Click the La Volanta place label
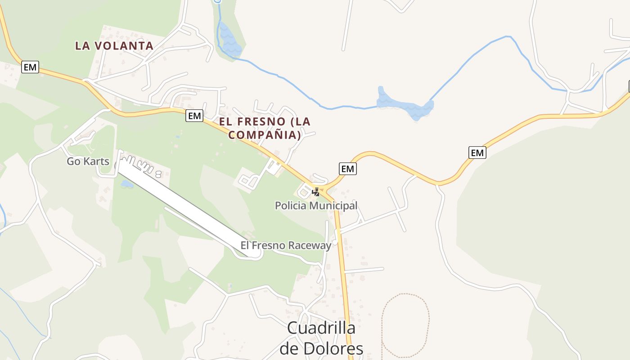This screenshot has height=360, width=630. [114, 45]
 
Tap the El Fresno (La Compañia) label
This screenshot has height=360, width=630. [265, 128]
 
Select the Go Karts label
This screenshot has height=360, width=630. [88, 161]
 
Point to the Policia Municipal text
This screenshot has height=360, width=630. [316, 206]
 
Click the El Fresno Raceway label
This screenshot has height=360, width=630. [286, 245]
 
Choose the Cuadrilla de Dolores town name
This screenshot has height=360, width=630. [321, 337]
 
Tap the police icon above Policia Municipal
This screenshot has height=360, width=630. [316, 192]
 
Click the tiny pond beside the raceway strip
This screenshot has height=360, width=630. [126, 184]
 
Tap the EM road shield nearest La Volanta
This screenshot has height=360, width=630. [30, 67]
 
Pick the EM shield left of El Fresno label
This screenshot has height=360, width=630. [194, 116]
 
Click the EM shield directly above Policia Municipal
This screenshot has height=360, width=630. [347, 169]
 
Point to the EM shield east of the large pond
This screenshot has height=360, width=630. [477, 153]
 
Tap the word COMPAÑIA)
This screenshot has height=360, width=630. [265, 134]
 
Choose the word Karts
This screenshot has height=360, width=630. [98, 161]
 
